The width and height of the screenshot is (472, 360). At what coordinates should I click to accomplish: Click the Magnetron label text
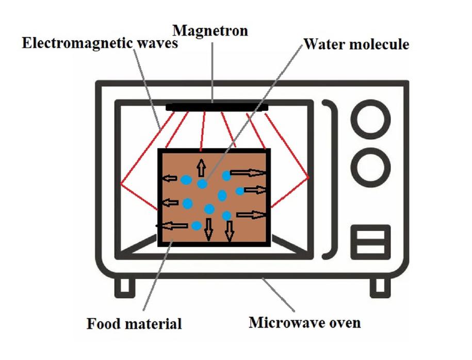pos(210,30)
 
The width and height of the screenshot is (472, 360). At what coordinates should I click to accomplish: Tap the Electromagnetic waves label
pos(100,43)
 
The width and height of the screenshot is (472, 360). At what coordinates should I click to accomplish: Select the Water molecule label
pos(356,44)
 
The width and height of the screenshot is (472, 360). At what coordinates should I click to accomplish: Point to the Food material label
pos(134,324)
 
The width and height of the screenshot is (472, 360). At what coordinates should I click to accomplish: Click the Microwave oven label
pos(304,323)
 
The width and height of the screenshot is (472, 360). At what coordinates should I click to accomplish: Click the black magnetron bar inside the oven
pos(217,107)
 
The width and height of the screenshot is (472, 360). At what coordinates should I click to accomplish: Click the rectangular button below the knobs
pos(370,240)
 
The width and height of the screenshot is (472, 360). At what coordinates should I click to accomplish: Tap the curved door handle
pos(330,178)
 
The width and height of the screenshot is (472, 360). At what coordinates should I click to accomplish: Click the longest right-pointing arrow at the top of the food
pos(248,172)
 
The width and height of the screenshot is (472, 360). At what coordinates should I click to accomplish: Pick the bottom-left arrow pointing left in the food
pos(172,225)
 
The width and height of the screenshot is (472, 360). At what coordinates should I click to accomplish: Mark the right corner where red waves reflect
pos(308,178)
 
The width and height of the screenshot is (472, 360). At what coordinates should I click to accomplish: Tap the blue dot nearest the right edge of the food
pos(240,191)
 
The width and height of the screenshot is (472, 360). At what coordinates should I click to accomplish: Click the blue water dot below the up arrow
pos(203,184)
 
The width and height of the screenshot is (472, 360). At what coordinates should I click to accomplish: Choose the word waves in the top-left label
pos(156,43)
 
